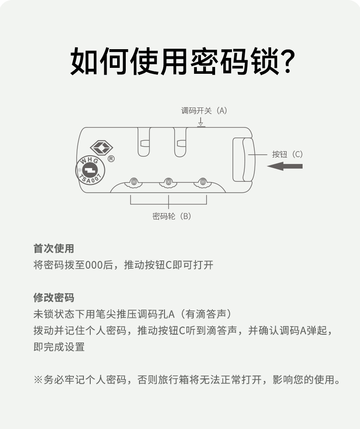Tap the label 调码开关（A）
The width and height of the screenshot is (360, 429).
[x=204, y=111]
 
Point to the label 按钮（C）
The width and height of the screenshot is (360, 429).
[x=287, y=154]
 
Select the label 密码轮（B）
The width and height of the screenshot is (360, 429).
[x=171, y=216]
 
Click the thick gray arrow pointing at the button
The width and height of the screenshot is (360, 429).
[x=285, y=166]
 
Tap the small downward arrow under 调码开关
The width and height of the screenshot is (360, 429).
[x=201, y=122]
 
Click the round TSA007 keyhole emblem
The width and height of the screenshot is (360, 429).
[x=90, y=171]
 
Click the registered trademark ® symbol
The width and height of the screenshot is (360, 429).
[x=111, y=159]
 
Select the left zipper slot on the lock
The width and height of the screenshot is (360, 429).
[x=144, y=142]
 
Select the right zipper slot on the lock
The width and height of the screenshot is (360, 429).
[x=180, y=142]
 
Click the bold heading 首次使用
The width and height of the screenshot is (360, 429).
[x=54, y=249]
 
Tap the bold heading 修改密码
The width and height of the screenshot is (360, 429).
[x=54, y=298]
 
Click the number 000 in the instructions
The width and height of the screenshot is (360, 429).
[x=94, y=265]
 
